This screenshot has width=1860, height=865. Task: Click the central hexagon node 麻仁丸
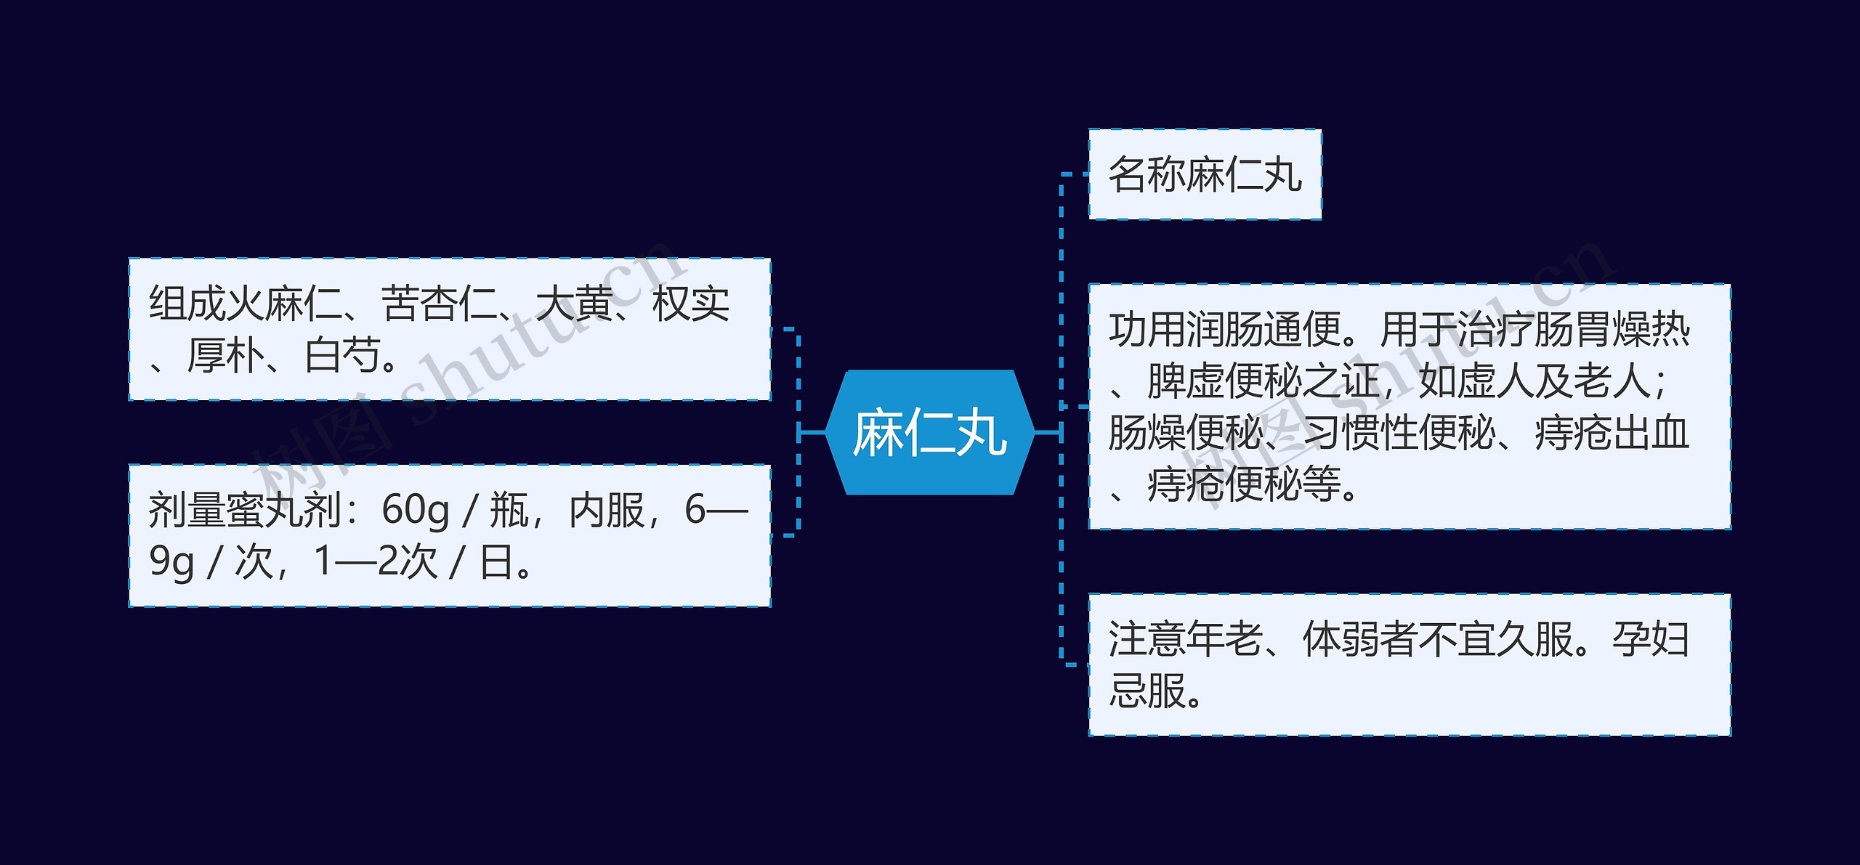coord(929,433)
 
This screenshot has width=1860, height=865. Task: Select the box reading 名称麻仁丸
coord(1204,174)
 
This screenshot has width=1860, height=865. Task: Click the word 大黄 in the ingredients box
coord(574,304)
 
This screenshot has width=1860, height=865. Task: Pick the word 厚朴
coord(225,356)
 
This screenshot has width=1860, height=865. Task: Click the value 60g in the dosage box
coord(416,510)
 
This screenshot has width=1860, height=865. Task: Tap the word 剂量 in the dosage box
coord(187,510)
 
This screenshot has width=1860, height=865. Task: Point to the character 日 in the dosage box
coord(497,562)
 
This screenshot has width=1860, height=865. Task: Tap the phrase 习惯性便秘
coord(1399,434)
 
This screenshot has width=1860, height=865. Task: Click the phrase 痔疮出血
coord(1612,434)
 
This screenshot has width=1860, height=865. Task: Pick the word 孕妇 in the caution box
coord(1651,640)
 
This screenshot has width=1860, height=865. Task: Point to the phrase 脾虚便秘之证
coord(1263,382)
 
